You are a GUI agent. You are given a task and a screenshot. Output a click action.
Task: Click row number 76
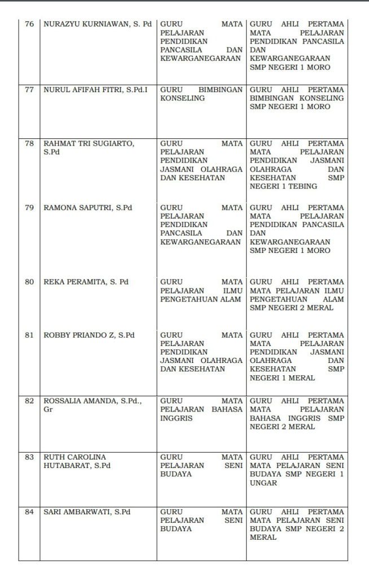(x=29, y=25)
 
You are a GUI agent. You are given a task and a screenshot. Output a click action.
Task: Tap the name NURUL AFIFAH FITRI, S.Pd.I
(x=95, y=89)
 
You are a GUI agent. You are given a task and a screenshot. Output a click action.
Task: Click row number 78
(x=29, y=143)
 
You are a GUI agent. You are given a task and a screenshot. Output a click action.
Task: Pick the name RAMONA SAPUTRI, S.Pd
(x=88, y=208)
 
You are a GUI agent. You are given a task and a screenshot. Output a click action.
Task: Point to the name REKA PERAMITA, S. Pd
(x=86, y=282)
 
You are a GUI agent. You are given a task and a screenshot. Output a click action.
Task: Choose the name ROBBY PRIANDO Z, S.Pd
(x=89, y=335)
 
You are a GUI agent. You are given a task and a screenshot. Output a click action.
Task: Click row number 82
(x=29, y=400)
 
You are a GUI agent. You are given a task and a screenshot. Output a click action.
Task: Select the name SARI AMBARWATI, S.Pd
(x=87, y=512)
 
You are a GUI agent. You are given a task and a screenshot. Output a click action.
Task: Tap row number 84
(x=29, y=512)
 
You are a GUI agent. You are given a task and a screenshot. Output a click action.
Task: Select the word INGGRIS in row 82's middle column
(x=177, y=418)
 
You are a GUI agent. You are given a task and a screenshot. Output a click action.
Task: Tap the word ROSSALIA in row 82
(x=63, y=400)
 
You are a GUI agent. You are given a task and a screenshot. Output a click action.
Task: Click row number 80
(x=29, y=282)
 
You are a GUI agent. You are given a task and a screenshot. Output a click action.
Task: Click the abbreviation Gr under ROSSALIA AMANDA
(x=47, y=409)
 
